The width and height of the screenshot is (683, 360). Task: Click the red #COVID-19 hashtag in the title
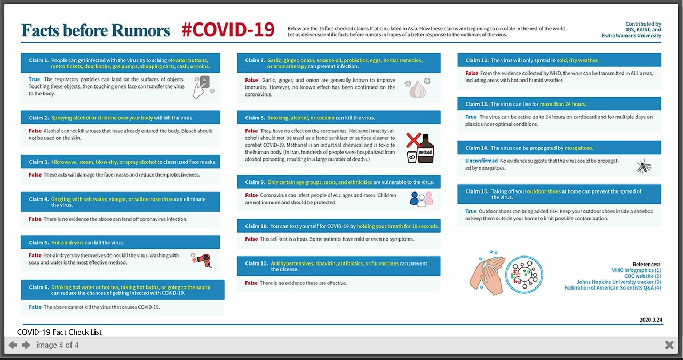[x=228, y=30]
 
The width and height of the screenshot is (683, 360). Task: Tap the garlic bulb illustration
[x=417, y=89]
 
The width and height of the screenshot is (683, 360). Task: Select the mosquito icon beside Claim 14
[x=644, y=166]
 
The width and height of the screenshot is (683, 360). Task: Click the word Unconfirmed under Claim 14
[x=481, y=161]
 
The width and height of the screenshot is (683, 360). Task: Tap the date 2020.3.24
[x=651, y=320]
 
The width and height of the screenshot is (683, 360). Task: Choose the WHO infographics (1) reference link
[x=636, y=270]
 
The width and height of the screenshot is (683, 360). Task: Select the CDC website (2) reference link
[x=642, y=276]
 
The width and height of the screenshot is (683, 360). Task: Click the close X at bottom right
[x=669, y=345]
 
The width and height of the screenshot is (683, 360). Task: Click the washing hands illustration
[x=487, y=273]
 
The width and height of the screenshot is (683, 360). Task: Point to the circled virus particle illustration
[x=524, y=275]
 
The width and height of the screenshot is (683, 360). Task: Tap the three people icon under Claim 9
[x=422, y=199]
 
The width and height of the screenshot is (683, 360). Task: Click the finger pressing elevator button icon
[x=202, y=87]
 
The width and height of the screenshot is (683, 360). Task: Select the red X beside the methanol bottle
[x=414, y=140]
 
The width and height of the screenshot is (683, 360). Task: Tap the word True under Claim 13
[x=471, y=117]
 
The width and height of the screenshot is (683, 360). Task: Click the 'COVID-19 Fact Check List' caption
[x=59, y=332]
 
